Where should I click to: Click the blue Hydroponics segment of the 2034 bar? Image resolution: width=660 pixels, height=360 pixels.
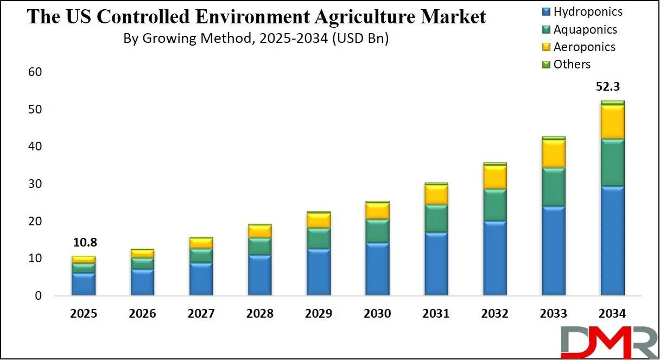pyautogui.click(x=612, y=241)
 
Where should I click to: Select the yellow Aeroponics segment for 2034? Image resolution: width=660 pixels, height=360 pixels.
pyautogui.click(x=612, y=122)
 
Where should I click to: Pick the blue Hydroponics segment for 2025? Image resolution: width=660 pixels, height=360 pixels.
pyautogui.click(x=84, y=285)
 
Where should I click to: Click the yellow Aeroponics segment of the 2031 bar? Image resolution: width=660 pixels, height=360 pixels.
pyautogui.click(x=436, y=194)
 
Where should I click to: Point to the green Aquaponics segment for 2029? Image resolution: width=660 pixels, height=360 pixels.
pyautogui.click(x=318, y=238)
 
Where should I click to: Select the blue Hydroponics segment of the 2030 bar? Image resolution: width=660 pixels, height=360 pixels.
pyautogui.click(x=377, y=269)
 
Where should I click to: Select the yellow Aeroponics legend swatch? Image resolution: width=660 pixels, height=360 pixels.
pyautogui.click(x=546, y=47)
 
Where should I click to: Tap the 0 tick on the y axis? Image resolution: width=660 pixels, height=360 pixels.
pyautogui.click(x=38, y=296)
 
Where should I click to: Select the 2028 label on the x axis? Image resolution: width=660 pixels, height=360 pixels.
pyautogui.click(x=259, y=314)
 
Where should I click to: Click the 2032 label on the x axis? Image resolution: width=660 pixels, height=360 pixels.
pyautogui.click(x=494, y=314)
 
